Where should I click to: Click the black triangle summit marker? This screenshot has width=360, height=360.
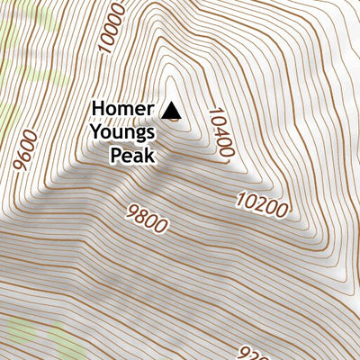tap(172, 111)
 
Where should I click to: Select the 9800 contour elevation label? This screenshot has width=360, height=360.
tap(148, 218)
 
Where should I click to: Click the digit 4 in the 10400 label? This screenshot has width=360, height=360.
tap(220, 126)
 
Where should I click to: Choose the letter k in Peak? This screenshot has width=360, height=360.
tap(150, 157)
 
